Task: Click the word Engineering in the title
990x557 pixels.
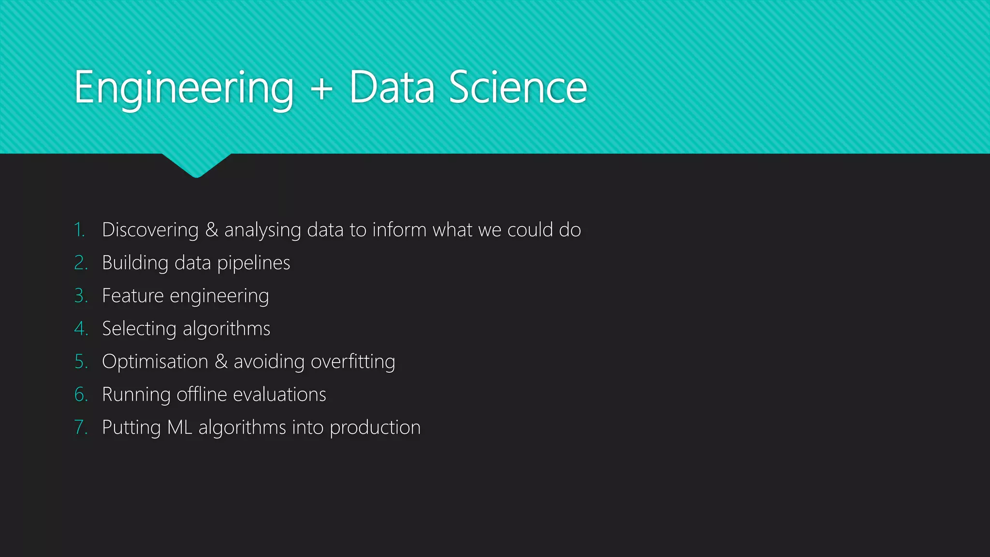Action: tap(184, 88)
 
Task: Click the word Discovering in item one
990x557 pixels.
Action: tap(150, 230)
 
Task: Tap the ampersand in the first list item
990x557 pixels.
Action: tap(212, 230)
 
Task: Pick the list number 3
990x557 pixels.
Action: tap(81, 296)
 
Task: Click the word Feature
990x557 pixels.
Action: tap(133, 296)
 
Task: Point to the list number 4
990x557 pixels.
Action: tap(81, 329)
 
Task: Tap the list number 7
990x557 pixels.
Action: tap(81, 427)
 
